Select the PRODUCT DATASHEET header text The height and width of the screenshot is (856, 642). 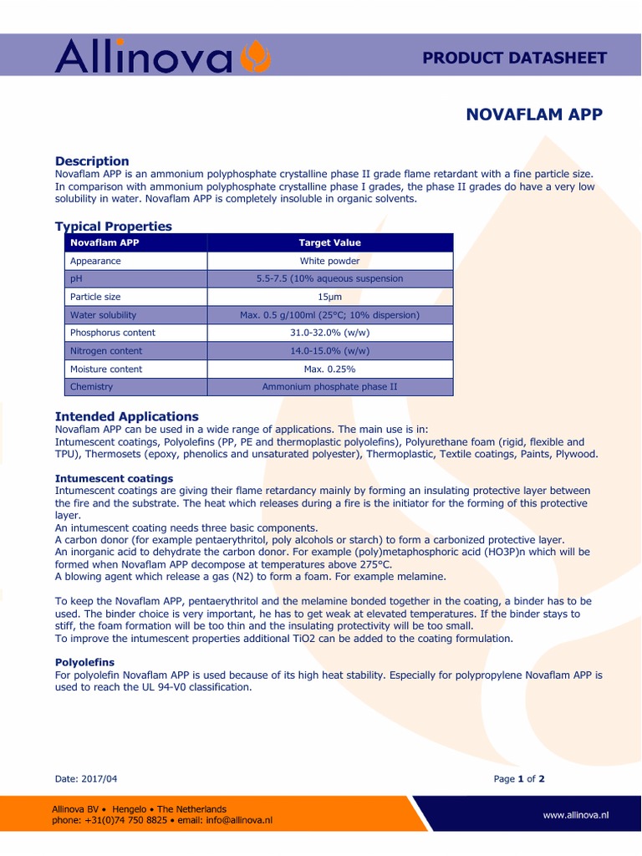pos(514,58)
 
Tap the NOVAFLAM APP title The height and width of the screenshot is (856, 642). pos(533,115)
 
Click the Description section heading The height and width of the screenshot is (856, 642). pos(92,160)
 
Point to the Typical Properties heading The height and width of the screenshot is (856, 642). pos(113,226)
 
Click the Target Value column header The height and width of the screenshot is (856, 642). pos(329,242)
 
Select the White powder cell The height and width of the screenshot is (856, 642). pos(329,261)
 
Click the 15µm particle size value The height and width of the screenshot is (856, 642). pos(329,297)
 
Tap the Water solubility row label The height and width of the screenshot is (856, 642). pos(103,315)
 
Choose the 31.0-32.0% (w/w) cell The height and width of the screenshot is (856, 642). pos(329,333)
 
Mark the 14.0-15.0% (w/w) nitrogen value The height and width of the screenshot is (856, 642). pos(329,351)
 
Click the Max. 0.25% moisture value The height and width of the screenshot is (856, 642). pos(329,369)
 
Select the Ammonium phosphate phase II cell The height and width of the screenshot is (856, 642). pos(329,387)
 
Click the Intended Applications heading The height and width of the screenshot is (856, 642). pos(126,415)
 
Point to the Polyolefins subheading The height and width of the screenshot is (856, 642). pos(84,661)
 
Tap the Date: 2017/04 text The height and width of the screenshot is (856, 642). pos(86,778)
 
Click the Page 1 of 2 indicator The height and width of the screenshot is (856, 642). pos(519,778)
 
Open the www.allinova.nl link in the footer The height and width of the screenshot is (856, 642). pos(575,814)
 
